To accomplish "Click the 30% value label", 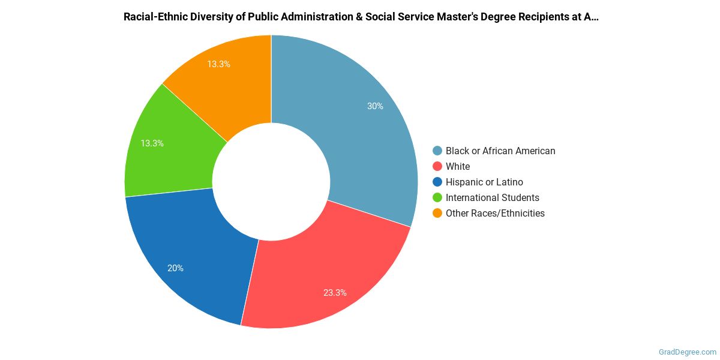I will coord(376,106).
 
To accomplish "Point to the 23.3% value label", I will coord(334,293).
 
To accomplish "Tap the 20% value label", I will coord(175,268).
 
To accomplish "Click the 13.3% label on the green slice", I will coord(152,143).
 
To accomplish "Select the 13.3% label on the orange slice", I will coord(218,64).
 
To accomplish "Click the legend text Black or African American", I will coord(500,151).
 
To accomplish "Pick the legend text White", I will coord(458,166).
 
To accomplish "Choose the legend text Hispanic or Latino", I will coord(484,182).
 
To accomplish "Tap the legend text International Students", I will coord(492,197).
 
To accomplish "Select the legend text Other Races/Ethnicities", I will coord(495,213).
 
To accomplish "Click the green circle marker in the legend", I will coord(437,197).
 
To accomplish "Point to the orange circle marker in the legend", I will coord(437,213).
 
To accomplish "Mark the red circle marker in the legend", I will coord(437,166).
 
